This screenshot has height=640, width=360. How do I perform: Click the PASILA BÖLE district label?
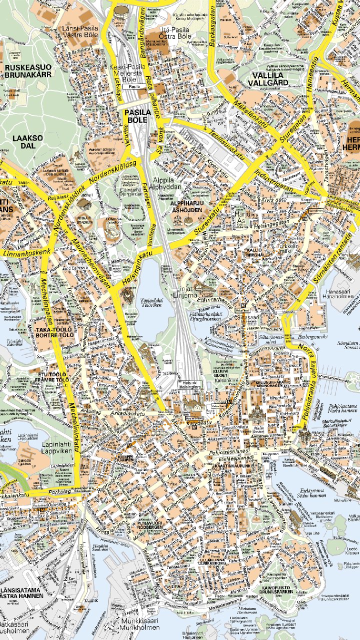[x=137, y=116]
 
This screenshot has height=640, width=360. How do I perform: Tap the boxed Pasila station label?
[x=134, y=86]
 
